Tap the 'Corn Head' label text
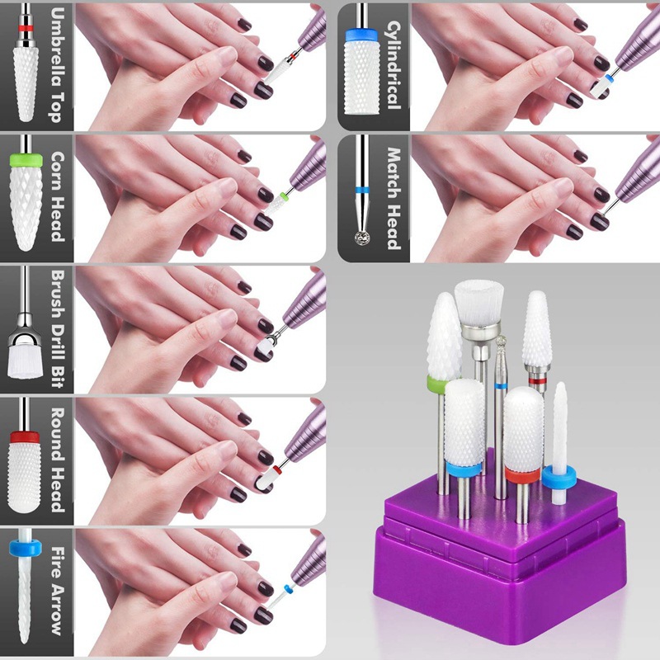tap(55, 196)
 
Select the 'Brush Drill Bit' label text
tap(55, 328)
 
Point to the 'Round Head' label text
tap(55, 460)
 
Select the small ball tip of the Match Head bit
tap(361, 237)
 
